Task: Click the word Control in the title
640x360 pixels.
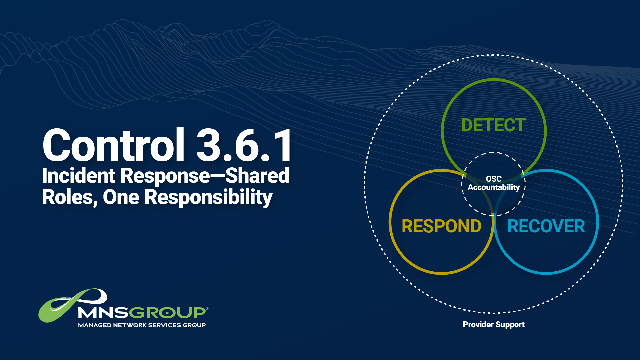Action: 113,145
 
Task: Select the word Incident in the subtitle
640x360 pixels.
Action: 79,176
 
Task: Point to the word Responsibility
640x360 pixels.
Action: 208,198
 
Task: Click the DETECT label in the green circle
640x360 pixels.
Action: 493,125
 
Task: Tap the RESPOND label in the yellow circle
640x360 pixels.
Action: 441,226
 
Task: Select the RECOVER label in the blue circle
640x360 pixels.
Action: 546,226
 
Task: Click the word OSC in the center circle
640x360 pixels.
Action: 494,179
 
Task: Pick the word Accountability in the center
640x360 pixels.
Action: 494,187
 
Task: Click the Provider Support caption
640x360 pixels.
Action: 494,325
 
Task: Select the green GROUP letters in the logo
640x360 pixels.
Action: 167,313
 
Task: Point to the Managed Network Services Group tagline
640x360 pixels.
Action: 142,325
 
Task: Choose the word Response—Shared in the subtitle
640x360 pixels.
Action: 205,176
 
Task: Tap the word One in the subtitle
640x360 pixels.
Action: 121,197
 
